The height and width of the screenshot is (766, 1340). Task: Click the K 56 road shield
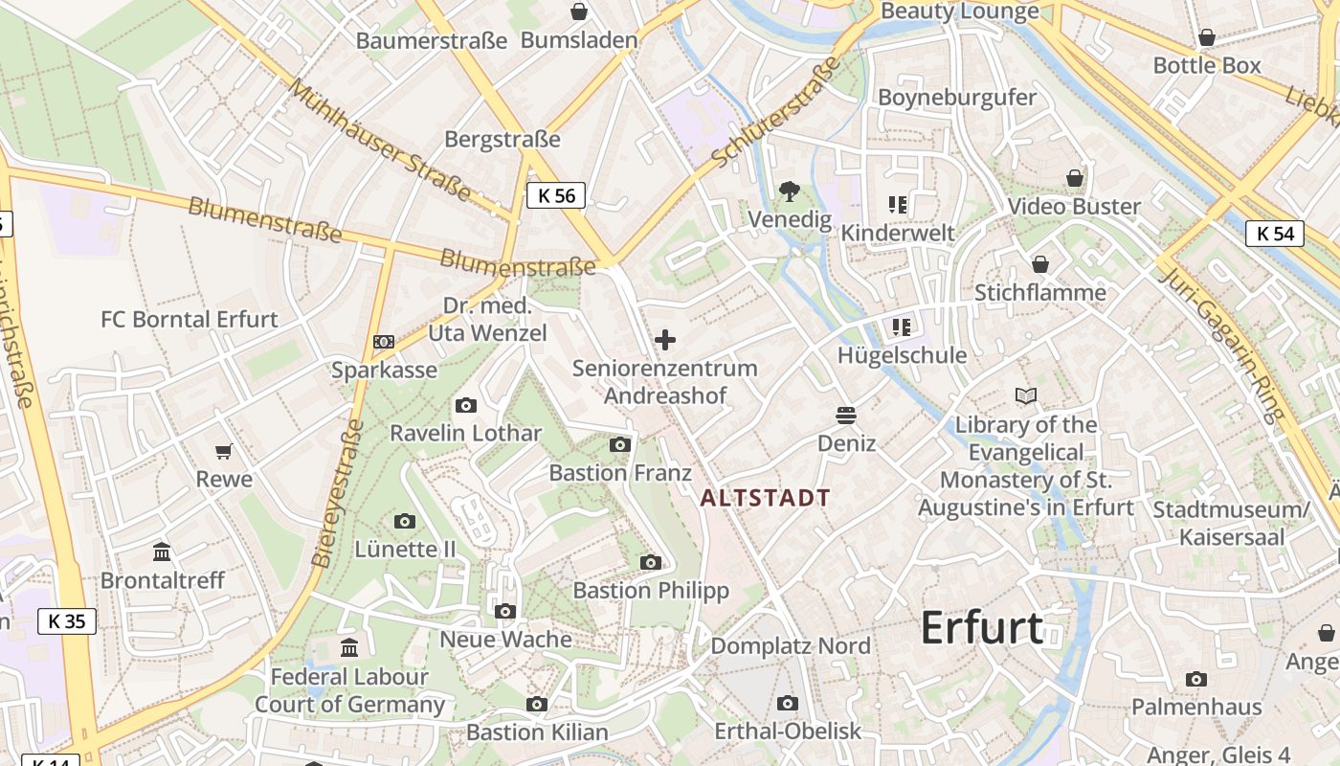(556, 195)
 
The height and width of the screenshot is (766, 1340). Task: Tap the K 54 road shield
(1275, 233)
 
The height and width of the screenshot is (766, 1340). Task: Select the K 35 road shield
(67, 620)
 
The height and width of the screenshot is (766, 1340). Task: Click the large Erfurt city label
(982, 628)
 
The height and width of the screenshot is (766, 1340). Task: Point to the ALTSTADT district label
(766, 498)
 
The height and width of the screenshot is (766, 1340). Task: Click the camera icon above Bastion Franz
(620, 444)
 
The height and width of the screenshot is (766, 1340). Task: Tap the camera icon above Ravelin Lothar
(466, 405)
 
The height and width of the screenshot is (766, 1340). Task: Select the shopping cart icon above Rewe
(224, 451)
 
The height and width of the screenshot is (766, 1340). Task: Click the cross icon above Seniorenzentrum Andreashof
(664, 340)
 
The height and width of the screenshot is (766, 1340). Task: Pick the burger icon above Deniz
(846, 415)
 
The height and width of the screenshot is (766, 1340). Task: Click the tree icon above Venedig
(789, 191)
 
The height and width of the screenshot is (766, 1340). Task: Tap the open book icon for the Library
(1025, 395)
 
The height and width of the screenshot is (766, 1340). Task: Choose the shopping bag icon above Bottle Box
(1207, 37)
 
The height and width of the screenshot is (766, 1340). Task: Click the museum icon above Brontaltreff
(162, 552)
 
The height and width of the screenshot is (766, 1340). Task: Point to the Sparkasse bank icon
(383, 342)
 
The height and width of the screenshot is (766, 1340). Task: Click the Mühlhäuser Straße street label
(380, 140)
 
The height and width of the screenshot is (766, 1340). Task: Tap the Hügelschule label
(902, 355)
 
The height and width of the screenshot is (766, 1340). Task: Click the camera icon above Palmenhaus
(1195, 679)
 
